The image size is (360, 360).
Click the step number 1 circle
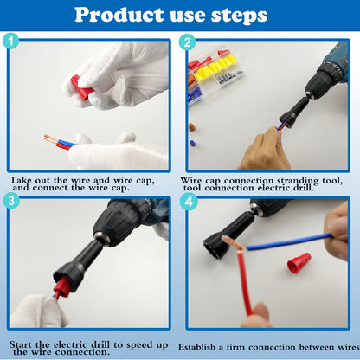[11, 41]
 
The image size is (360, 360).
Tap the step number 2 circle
[187, 42]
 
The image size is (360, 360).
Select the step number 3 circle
[11, 201]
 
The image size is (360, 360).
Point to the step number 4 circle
[189, 202]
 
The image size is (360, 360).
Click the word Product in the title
[119, 15]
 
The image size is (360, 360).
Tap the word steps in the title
[239, 16]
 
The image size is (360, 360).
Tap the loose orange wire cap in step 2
[191, 127]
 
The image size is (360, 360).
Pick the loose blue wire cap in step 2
[193, 143]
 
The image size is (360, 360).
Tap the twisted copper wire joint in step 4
[233, 242]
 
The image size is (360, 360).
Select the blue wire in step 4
[289, 241]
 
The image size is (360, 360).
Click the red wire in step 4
[245, 283]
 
